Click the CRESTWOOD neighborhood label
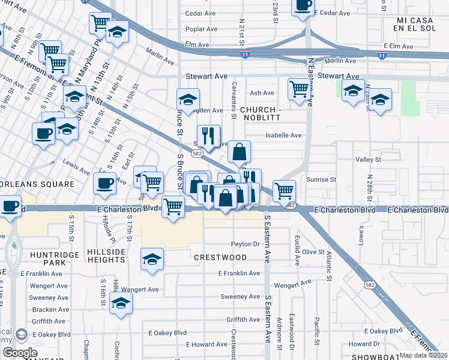[220, 257]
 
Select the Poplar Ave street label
[200, 28]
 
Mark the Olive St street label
[313, 252]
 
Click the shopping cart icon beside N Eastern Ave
[298, 89]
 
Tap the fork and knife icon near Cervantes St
[208, 136]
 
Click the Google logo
[19, 353]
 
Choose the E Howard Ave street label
[206, 344]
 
